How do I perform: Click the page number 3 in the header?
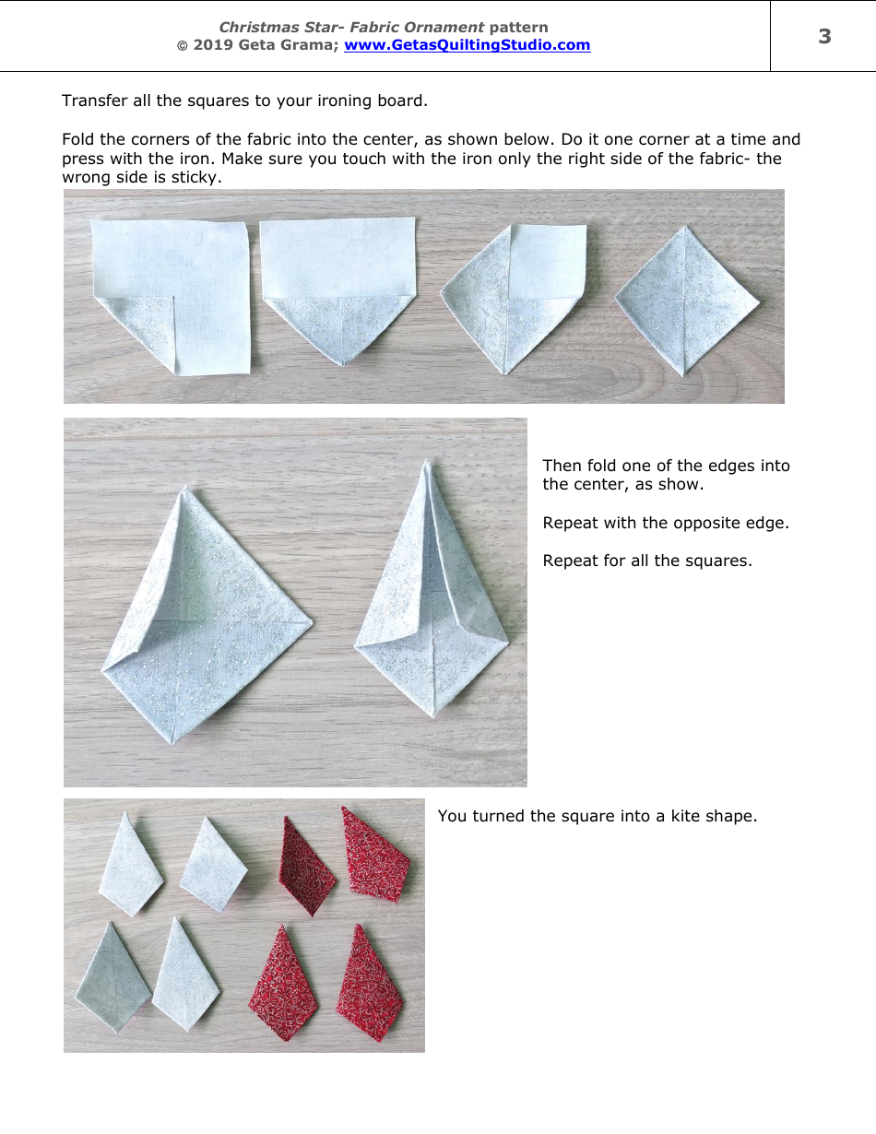click(x=824, y=36)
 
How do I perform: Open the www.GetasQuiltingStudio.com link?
click(x=467, y=45)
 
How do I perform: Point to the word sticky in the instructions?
click(x=195, y=177)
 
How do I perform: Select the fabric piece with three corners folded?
click(x=513, y=297)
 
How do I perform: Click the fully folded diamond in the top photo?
click(x=686, y=300)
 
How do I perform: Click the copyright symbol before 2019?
click(x=182, y=46)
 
